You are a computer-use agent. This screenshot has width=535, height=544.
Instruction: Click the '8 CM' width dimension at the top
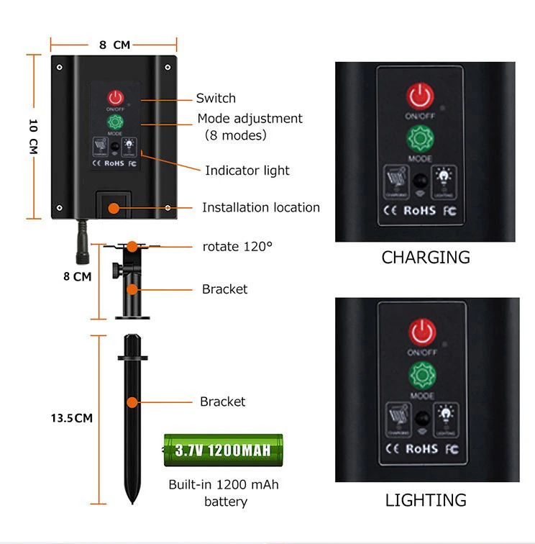click(x=114, y=45)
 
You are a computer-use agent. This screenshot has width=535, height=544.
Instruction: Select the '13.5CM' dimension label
click(x=71, y=417)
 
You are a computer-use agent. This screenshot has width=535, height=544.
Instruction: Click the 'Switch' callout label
click(x=216, y=99)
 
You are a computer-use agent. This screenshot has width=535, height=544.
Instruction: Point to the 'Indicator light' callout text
click(x=247, y=171)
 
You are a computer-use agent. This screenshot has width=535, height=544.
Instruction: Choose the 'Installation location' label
click(x=260, y=207)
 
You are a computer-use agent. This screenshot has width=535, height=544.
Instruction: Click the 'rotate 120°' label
click(x=237, y=246)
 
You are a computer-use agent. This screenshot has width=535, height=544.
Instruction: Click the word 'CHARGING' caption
click(x=426, y=257)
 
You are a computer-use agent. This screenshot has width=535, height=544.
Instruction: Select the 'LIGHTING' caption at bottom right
click(x=426, y=500)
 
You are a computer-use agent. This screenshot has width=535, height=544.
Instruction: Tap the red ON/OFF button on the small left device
click(x=116, y=98)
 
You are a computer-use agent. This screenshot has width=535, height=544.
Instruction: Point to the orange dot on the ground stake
click(x=132, y=402)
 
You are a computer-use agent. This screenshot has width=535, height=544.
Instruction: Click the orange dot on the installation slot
click(x=114, y=207)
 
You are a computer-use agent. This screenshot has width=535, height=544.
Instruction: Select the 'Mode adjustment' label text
click(x=250, y=119)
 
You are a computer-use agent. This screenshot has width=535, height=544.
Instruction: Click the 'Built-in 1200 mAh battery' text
click(x=223, y=493)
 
